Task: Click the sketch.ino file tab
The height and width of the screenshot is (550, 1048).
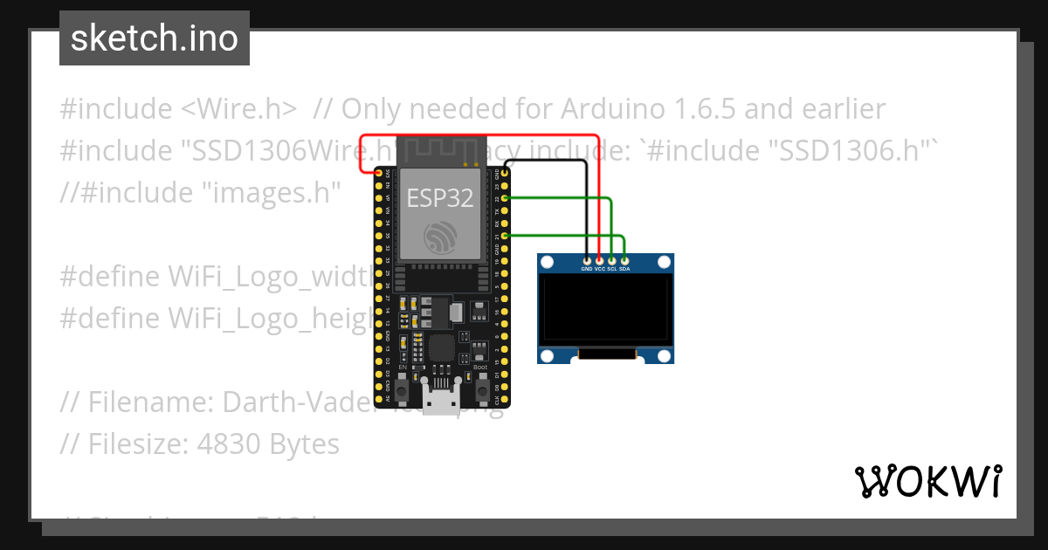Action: click(x=154, y=38)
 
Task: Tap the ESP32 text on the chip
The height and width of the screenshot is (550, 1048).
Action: click(x=440, y=198)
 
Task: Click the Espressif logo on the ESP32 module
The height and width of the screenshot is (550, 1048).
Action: click(x=440, y=237)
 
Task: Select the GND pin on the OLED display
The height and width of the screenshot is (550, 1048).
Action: click(x=586, y=260)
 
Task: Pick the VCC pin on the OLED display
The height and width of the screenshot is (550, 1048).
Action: click(x=599, y=260)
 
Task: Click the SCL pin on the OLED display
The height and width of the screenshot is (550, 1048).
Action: click(x=611, y=260)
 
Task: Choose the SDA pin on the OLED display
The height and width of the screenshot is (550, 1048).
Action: click(x=624, y=260)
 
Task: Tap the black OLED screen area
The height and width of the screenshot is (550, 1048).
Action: click(x=605, y=310)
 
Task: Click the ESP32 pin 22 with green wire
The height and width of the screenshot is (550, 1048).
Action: click(x=505, y=199)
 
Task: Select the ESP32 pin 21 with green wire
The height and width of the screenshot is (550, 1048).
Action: click(x=505, y=236)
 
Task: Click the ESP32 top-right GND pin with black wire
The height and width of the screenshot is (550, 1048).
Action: click(x=505, y=175)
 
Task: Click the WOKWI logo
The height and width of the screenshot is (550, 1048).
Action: click(x=927, y=481)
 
